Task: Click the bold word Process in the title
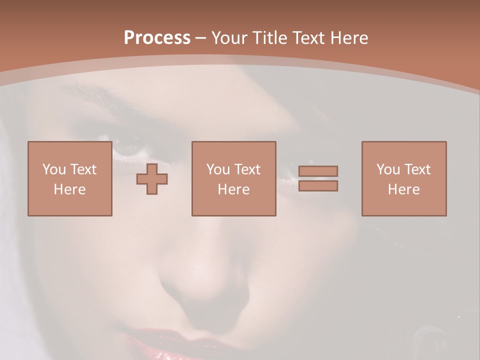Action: pos(157,38)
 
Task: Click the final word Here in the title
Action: pos(349,38)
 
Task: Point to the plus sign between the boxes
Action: pos(152,179)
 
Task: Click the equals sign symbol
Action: pos(318,178)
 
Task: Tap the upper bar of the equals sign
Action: pos(318,171)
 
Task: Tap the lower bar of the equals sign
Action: pos(318,185)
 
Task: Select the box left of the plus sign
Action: pos(69,178)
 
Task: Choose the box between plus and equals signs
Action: pos(233,178)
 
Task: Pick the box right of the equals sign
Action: pos(403,178)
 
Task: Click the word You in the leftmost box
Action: pos(53,169)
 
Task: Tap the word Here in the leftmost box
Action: pos(69,189)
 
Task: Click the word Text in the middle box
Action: pos(247,169)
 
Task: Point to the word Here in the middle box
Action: pos(233,189)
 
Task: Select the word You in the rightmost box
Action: pos(388,169)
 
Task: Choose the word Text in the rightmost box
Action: pos(417,169)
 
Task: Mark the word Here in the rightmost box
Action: pos(403,189)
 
